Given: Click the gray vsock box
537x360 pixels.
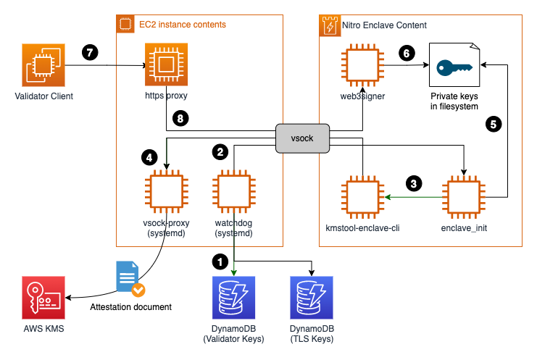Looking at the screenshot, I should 302,137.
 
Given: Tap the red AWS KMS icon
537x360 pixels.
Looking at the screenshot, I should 42,298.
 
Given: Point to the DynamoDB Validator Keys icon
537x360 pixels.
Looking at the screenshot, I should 233,298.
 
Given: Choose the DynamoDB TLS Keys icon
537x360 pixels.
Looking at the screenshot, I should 312,298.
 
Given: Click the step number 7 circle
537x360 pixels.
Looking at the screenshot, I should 90,53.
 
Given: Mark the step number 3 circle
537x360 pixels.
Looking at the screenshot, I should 414,183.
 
